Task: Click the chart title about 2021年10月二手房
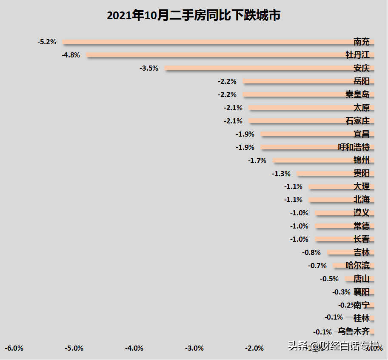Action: click(x=194, y=16)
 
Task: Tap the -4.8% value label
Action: click(x=71, y=55)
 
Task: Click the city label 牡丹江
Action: click(x=357, y=55)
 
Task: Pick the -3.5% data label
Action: click(x=149, y=68)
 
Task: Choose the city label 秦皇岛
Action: click(x=357, y=94)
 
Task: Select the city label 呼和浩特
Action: click(x=354, y=147)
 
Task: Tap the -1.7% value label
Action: click(x=257, y=160)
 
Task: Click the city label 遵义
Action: click(x=361, y=213)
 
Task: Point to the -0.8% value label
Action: click(x=311, y=252)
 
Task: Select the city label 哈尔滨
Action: click(x=357, y=266)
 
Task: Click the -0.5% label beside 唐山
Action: click(x=329, y=279)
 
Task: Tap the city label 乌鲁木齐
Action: click(x=354, y=331)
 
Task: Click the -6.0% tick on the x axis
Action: click(x=14, y=348)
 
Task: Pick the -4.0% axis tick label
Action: click(x=134, y=348)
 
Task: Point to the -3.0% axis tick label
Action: click(x=194, y=348)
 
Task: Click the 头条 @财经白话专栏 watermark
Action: click(x=334, y=346)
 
